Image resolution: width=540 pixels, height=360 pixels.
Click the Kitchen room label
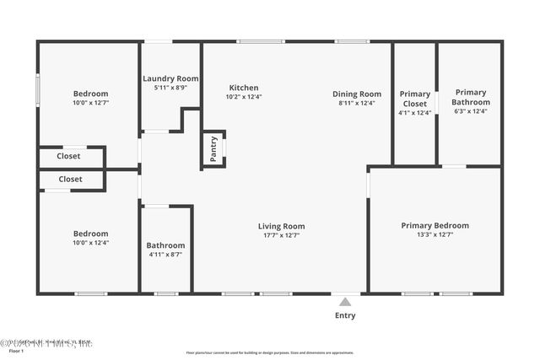click(244, 88)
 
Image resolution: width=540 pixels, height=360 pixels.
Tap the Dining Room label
click(357, 94)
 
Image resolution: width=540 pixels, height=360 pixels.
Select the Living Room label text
click(282, 226)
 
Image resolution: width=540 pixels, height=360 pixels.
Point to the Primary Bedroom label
click(435, 225)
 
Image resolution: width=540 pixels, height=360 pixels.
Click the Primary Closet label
click(414, 99)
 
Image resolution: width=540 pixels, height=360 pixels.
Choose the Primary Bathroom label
click(471, 97)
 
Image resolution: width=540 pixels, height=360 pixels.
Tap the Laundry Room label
click(170, 78)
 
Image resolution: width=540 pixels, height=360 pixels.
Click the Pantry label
click(213, 149)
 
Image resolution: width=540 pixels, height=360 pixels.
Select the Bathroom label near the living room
click(165, 245)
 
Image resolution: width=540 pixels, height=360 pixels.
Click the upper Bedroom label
click(90, 94)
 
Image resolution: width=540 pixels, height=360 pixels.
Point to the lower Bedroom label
click(90, 234)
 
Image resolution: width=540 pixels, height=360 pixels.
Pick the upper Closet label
click(68, 156)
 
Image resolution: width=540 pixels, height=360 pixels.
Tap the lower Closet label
click(71, 179)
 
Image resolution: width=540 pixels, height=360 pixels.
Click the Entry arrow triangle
click(344, 300)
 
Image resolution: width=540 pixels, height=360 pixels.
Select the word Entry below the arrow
click(344, 316)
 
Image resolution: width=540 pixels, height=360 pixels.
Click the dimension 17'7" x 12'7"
click(282, 235)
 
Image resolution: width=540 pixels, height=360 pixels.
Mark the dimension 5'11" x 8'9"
click(170, 88)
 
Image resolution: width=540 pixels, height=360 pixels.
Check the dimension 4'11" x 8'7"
click(165, 255)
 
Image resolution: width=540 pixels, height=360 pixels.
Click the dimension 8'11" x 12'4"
click(357, 103)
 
